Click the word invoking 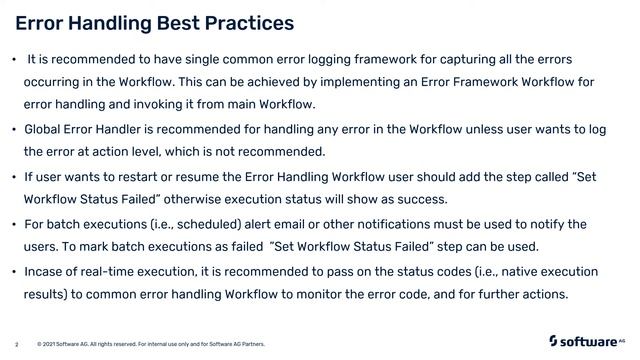pos(158,104)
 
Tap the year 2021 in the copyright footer pos(56,344)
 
